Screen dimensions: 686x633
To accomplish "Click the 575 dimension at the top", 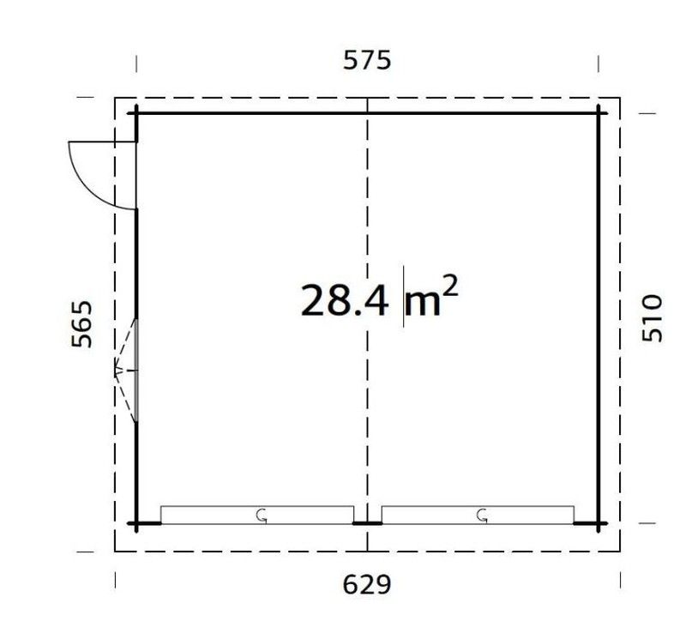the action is pyautogui.click(x=367, y=60).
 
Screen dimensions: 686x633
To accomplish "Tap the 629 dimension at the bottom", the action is pyautogui.click(x=367, y=584).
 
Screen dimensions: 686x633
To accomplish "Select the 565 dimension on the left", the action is pyautogui.click(x=82, y=324).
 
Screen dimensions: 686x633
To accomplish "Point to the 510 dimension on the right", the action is pyautogui.click(x=652, y=318).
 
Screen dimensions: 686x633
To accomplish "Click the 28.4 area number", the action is pyautogui.click(x=345, y=300).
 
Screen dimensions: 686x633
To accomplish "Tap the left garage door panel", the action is pyautogui.click(x=257, y=515).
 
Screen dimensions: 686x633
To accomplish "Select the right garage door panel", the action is pyautogui.click(x=478, y=515).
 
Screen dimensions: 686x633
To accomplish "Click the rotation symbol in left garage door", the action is pyautogui.click(x=262, y=515).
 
